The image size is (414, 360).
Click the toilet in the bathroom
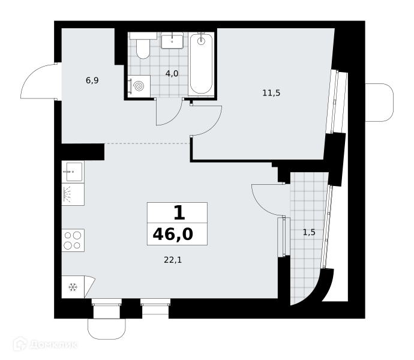coord(143,46)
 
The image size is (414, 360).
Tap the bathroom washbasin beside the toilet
coord(172,40)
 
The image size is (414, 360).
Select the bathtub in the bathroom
coord(201,64)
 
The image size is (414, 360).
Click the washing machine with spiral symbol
coord(139,86)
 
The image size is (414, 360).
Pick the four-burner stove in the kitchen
coord(73,241)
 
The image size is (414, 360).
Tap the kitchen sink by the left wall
coord(73,172)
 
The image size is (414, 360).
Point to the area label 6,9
coord(92,80)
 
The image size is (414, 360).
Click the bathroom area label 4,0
coord(172,73)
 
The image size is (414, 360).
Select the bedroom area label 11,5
coord(271,93)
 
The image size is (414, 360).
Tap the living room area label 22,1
coord(173,260)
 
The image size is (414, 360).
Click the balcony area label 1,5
coord(309,232)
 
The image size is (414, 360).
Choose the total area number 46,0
coord(173,234)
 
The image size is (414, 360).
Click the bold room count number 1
coord(179,213)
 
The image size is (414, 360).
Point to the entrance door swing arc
coord(26,77)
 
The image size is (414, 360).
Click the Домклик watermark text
coord(53,344)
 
